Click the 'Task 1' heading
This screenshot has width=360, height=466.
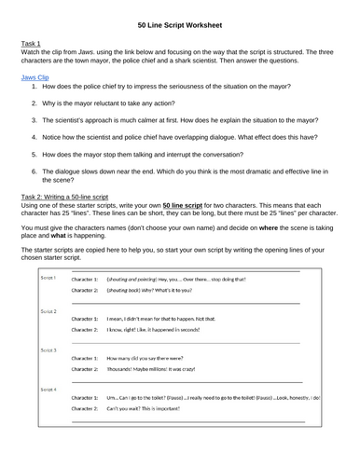[32, 44]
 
